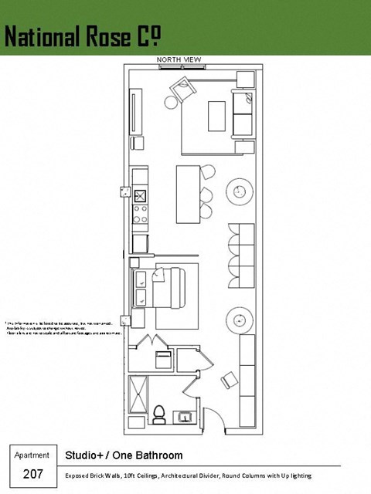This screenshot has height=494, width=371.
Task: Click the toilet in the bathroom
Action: [x=160, y=414]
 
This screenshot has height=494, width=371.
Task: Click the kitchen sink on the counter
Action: [x=141, y=195]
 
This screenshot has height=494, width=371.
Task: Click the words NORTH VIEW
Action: [x=179, y=59]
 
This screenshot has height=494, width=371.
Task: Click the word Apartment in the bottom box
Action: [x=32, y=455]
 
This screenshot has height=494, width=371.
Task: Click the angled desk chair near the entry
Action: [x=230, y=380]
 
